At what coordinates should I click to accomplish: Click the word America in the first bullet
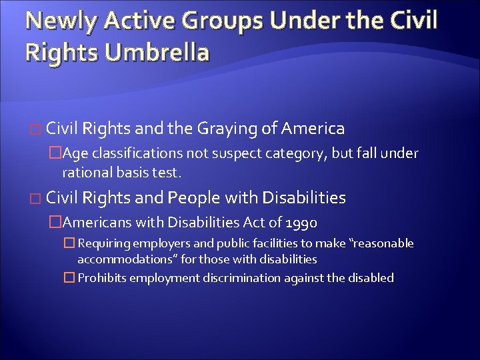tap(313, 129)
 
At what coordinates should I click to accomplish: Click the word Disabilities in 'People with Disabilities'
tap(304, 198)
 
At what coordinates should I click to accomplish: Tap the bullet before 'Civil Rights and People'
tap(37, 199)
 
